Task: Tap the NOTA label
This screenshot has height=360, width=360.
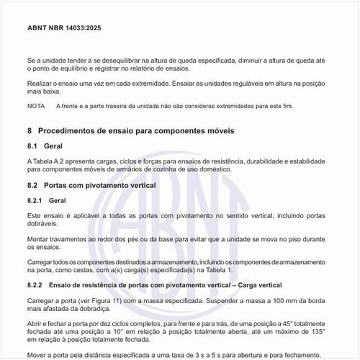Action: point(36,106)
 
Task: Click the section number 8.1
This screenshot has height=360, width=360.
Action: point(32,146)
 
